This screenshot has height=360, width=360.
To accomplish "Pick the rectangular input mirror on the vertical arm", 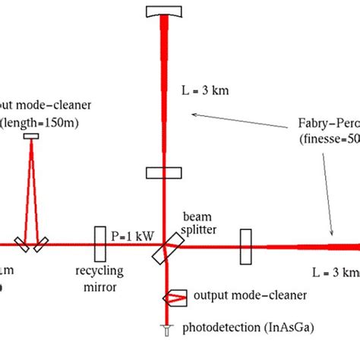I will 164,172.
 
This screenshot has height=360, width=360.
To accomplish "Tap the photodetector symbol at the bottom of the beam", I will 165,329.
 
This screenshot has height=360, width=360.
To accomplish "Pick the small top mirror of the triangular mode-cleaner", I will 31,137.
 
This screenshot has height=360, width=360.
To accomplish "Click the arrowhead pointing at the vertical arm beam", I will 193,114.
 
